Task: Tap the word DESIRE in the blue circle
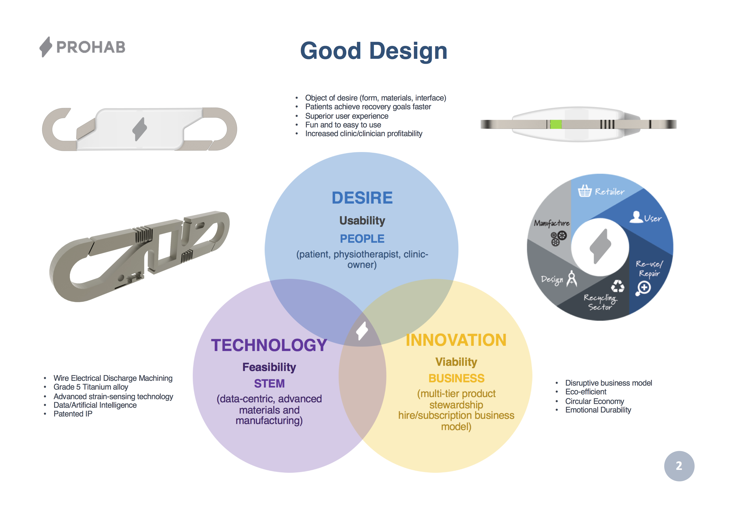tap(362, 198)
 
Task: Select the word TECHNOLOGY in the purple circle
tap(269, 345)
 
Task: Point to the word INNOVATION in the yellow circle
tap(456, 340)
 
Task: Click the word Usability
tap(362, 220)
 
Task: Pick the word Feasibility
tap(269, 367)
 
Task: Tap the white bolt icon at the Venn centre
tap(362, 331)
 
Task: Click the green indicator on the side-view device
tap(556, 124)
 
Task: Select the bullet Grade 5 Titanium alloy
tap(91, 387)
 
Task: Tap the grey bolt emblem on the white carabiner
tap(139, 129)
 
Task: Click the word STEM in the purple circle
tap(269, 384)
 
